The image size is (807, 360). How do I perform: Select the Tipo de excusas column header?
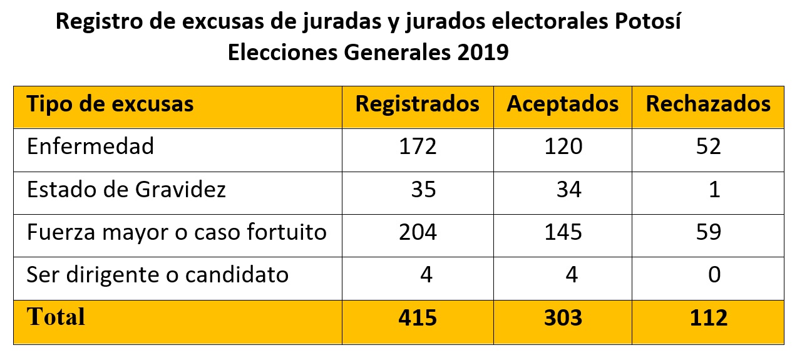point(110,103)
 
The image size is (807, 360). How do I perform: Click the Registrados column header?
point(418,103)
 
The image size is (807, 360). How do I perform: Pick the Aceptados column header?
point(562,103)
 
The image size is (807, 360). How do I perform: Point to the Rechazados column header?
point(708,103)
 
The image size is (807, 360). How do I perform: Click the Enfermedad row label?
point(90,147)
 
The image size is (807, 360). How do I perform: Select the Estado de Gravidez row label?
point(126,189)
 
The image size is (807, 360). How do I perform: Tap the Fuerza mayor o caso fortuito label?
point(177,232)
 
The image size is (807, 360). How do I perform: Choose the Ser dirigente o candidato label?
point(158,274)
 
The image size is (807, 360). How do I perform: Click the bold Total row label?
point(56,317)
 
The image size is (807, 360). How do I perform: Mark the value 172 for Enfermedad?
point(418,147)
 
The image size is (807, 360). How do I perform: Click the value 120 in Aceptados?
point(563,147)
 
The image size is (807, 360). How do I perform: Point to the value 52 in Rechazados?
point(708,147)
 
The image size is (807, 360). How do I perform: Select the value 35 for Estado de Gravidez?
point(423,189)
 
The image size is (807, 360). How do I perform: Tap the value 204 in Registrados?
point(418,232)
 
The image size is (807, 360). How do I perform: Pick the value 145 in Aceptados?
point(563,232)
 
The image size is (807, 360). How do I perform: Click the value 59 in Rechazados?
point(708,232)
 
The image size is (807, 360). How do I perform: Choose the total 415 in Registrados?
point(418,318)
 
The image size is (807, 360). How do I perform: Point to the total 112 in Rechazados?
point(708,318)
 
